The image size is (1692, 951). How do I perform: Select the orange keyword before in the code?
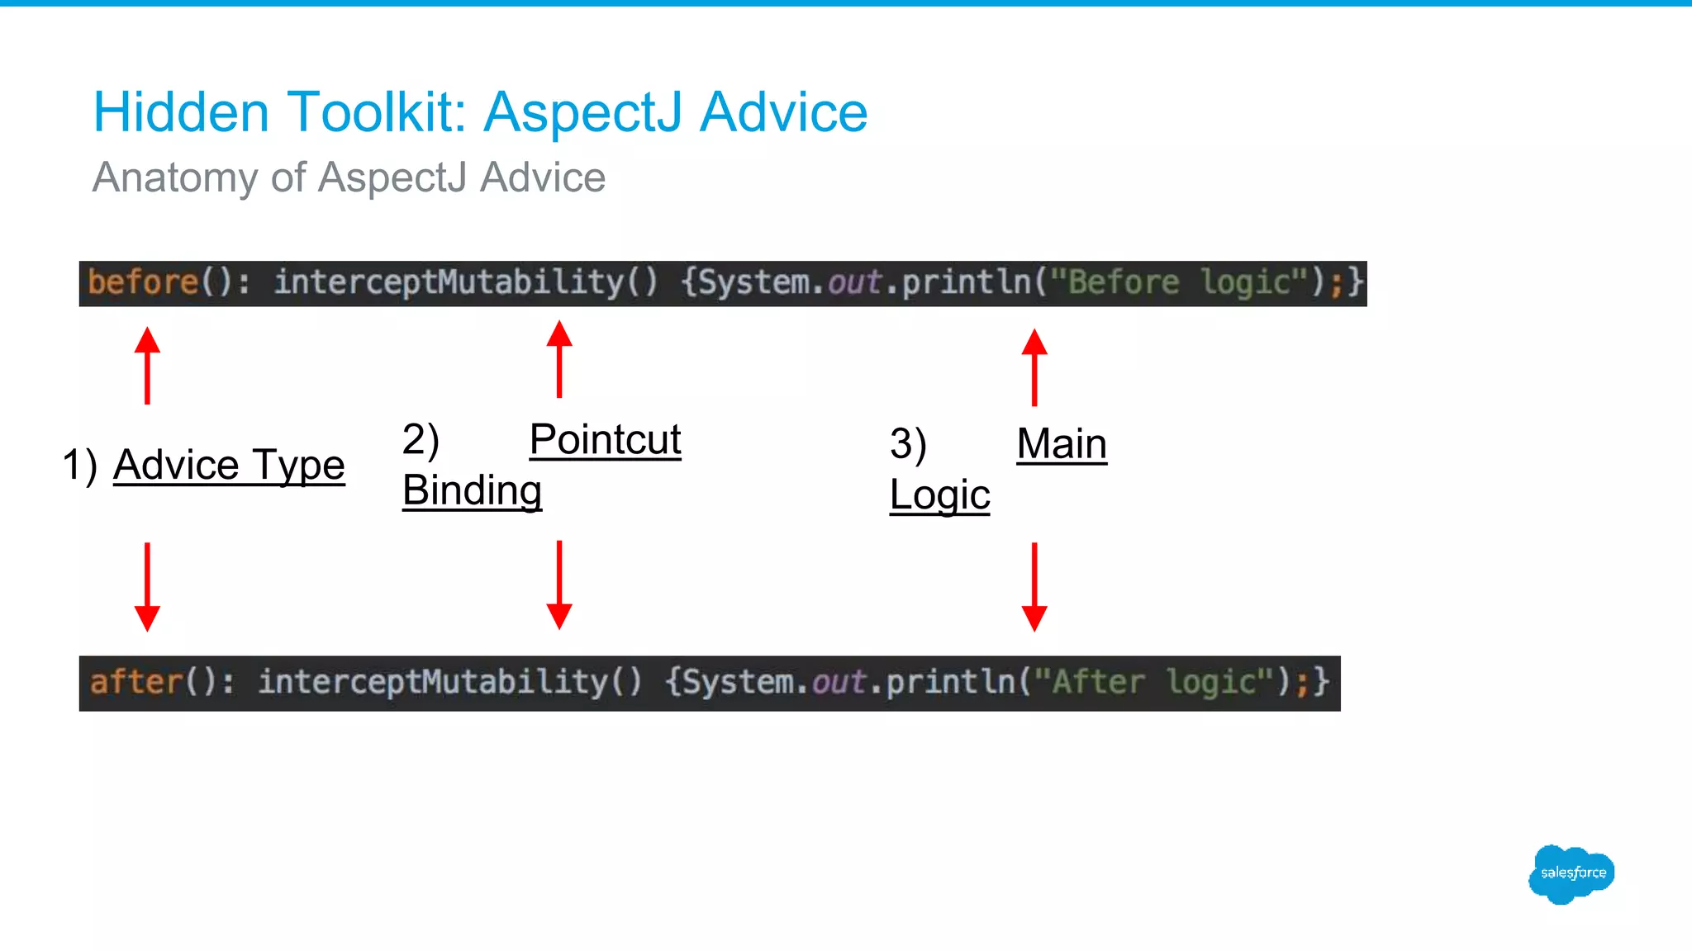(143, 282)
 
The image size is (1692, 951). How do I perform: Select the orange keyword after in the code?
(135, 683)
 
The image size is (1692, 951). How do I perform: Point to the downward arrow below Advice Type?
(147, 586)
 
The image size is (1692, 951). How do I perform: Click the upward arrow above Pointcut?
(559, 358)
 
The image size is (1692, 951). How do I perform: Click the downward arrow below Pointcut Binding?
(559, 584)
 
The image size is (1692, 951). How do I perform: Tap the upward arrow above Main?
(1034, 367)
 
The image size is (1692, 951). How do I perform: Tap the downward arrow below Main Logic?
(1034, 586)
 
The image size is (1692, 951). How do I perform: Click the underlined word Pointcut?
(605, 439)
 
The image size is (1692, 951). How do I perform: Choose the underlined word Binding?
(472, 490)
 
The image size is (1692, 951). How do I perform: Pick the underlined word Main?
(1061, 444)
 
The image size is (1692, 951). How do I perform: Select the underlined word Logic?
(939, 495)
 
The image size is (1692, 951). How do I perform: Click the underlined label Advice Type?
(229, 465)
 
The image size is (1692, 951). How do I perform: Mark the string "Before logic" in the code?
(1179, 282)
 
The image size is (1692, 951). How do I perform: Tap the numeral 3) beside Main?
(907, 444)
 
